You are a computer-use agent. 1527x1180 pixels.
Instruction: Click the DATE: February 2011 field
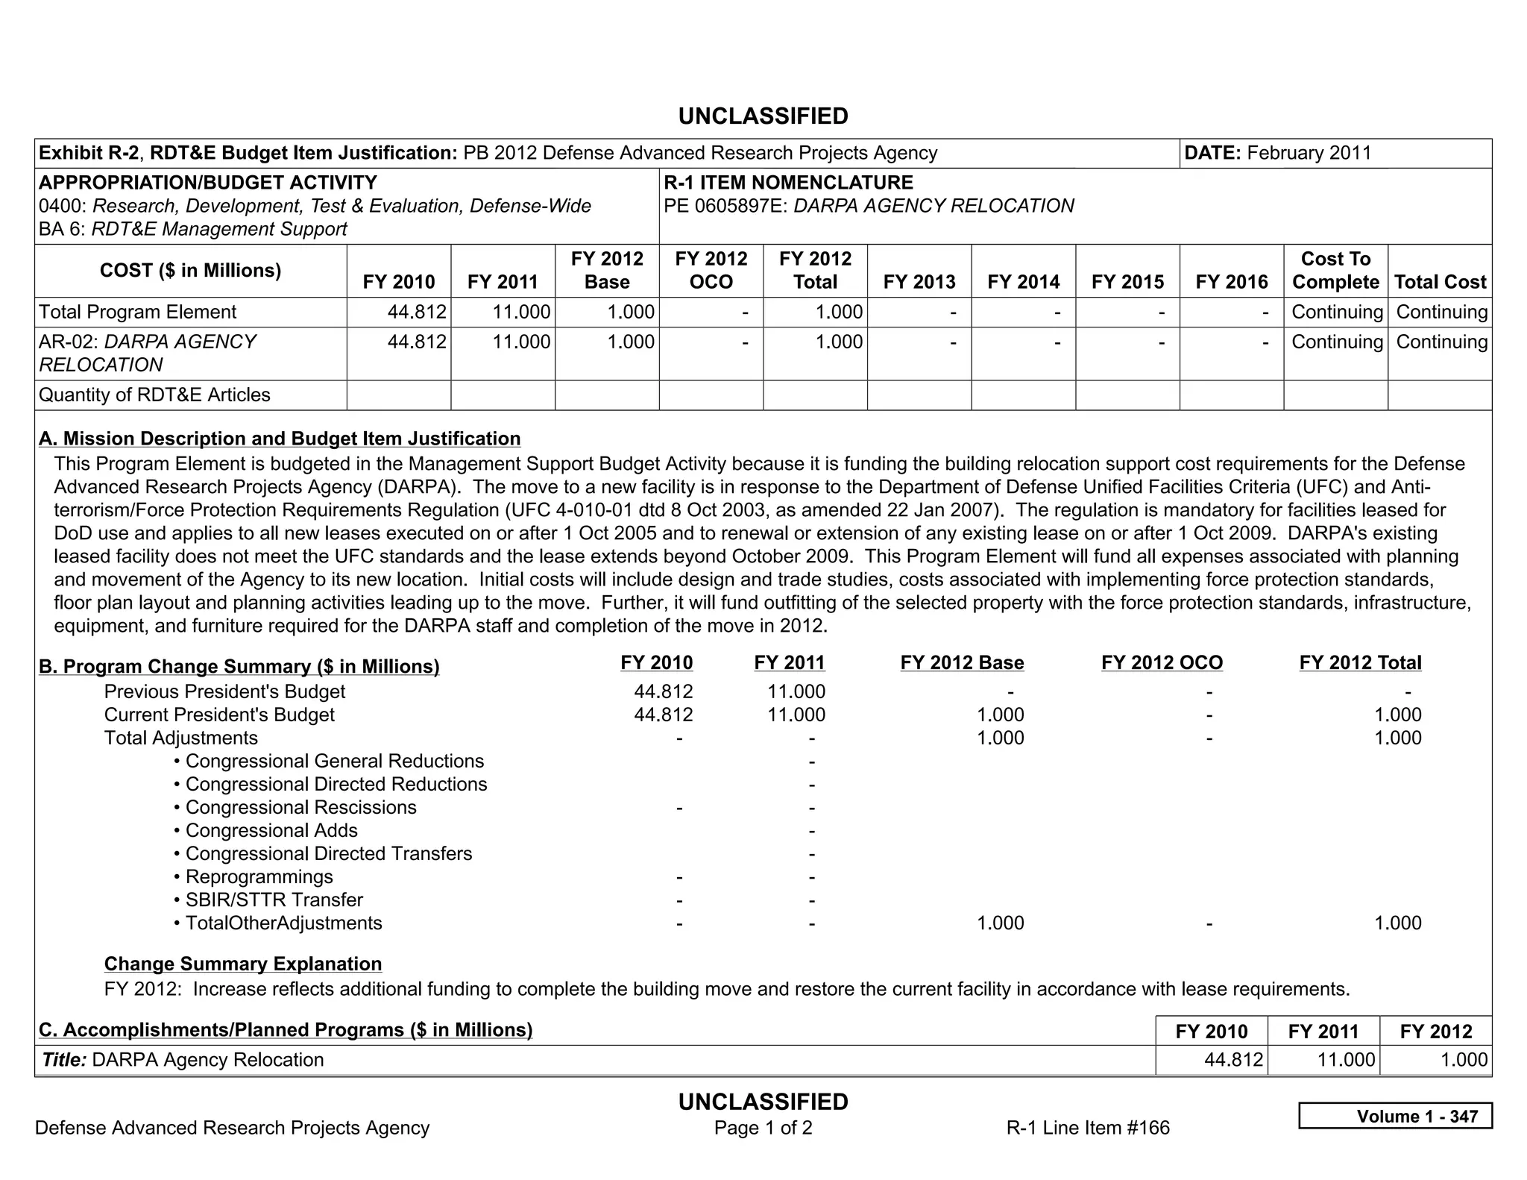pos(1278,153)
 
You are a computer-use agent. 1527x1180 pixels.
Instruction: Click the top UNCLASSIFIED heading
pos(763,116)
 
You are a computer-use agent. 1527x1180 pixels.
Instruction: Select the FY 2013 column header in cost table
pos(919,282)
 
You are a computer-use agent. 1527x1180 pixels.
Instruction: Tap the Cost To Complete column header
pos(1335,270)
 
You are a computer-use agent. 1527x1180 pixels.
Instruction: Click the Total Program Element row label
pos(137,312)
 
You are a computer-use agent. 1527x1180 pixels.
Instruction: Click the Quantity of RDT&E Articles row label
pos(154,395)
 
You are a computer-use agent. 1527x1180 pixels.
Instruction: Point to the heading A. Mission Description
pos(280,439)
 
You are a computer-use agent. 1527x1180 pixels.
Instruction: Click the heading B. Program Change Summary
pos(239,666)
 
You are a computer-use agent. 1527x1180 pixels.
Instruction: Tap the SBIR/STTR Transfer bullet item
pos(274,900)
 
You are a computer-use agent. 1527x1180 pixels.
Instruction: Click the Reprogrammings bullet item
pos(259,876)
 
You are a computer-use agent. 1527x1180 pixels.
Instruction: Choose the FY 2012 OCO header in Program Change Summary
pos(1162,662)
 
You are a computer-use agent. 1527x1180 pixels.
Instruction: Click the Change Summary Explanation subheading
pos(243,964)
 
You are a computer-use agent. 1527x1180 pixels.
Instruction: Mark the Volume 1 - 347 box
pos(1394,1116)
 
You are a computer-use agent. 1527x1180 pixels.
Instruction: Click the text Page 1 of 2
pos(763,1128)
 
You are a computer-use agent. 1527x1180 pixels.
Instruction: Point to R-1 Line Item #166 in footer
pos(1087,1128)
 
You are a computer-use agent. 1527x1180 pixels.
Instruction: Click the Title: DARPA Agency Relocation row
pos(183,1060)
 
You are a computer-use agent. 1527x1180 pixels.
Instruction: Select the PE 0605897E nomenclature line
pos(869,206)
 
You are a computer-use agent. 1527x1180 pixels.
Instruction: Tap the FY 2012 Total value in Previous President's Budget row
pos(1407,691)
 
